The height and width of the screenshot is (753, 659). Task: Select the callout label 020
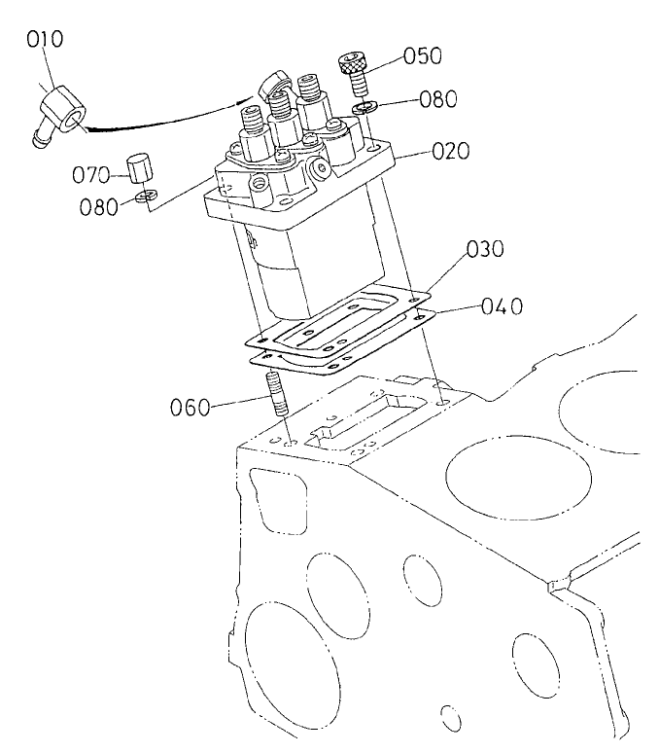pyautogui.click(x=450, y=152)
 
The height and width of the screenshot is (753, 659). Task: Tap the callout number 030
pyautogui.click(x=485, y=249)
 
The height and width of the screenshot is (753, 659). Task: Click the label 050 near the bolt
pyautogui.click(x=422, y=56)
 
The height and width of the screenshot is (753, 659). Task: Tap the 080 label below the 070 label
pyautogui.click(x=99, y=206)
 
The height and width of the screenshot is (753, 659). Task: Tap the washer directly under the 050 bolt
pyautogui.click(x=364, y=107)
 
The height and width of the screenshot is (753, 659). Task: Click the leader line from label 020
pyautogui.click(x=408, y=152)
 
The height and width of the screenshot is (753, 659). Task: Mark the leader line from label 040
pyautogui.click(x=457, y=308)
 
